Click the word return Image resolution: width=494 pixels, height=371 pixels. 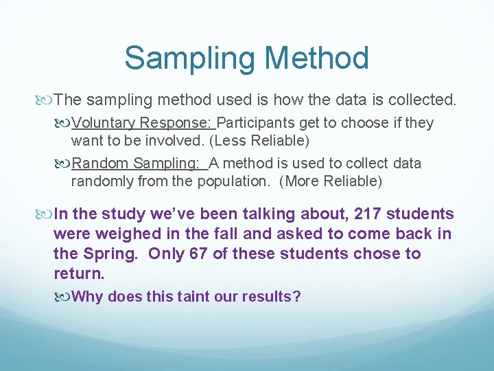coord(79,274)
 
